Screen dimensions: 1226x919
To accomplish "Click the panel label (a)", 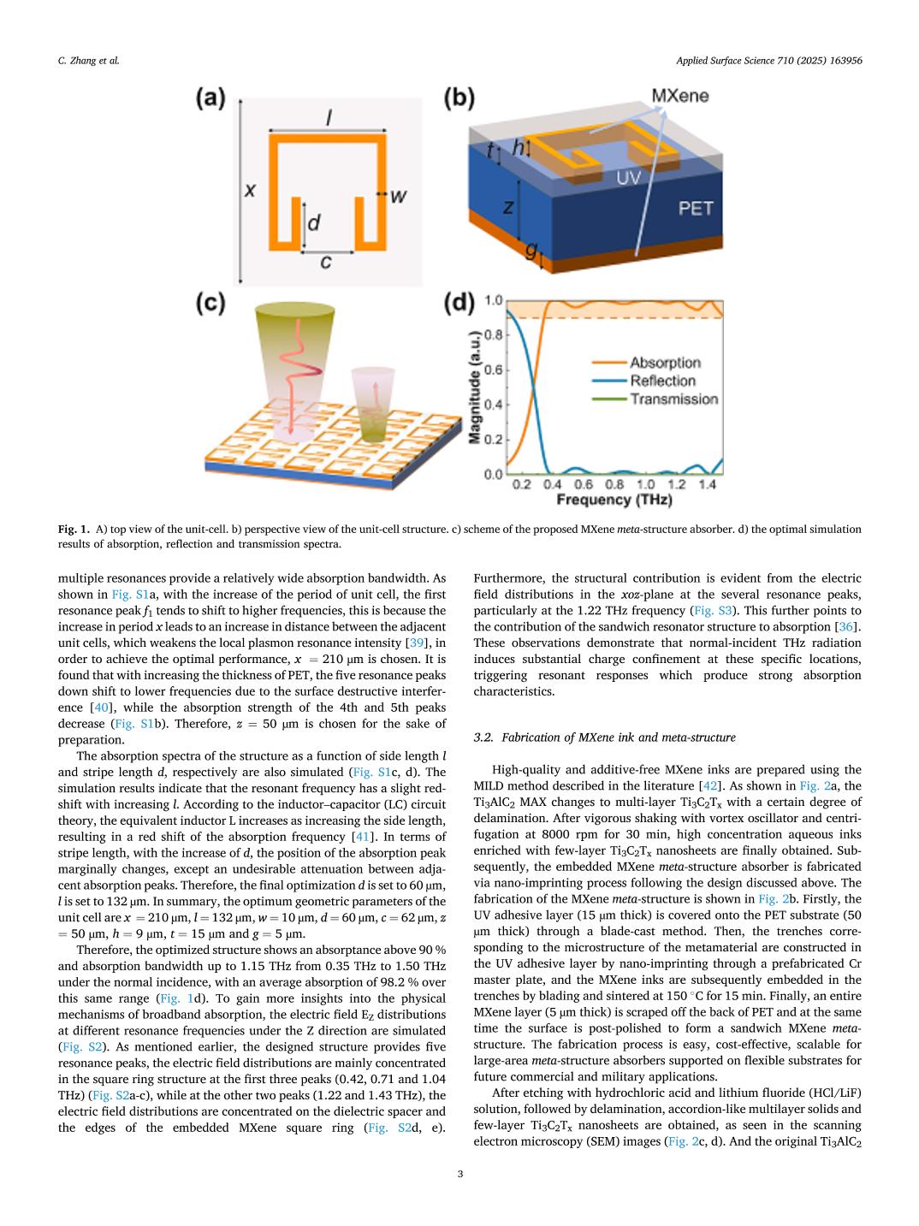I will (210, 98).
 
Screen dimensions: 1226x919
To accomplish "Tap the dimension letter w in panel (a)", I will (398, 196).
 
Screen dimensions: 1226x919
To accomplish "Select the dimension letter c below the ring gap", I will (325, 263).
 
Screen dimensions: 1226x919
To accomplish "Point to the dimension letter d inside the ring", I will (313, 223).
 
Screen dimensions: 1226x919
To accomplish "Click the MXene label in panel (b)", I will (680, 96).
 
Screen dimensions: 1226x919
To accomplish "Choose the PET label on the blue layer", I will (695, 208).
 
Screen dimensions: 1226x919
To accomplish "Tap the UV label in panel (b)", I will (628, 177).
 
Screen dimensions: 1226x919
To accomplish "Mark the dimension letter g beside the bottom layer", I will (531, 250).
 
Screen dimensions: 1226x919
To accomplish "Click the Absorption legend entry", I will (665, 363).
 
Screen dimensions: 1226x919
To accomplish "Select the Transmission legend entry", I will (673, 399).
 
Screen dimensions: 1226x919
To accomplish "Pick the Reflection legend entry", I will (662, 381).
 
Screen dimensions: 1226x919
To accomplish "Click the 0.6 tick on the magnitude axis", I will (493, 370).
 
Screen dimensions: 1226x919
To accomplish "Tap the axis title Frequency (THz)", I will (614, 500).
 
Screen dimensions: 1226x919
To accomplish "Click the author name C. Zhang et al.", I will (82, 61).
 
